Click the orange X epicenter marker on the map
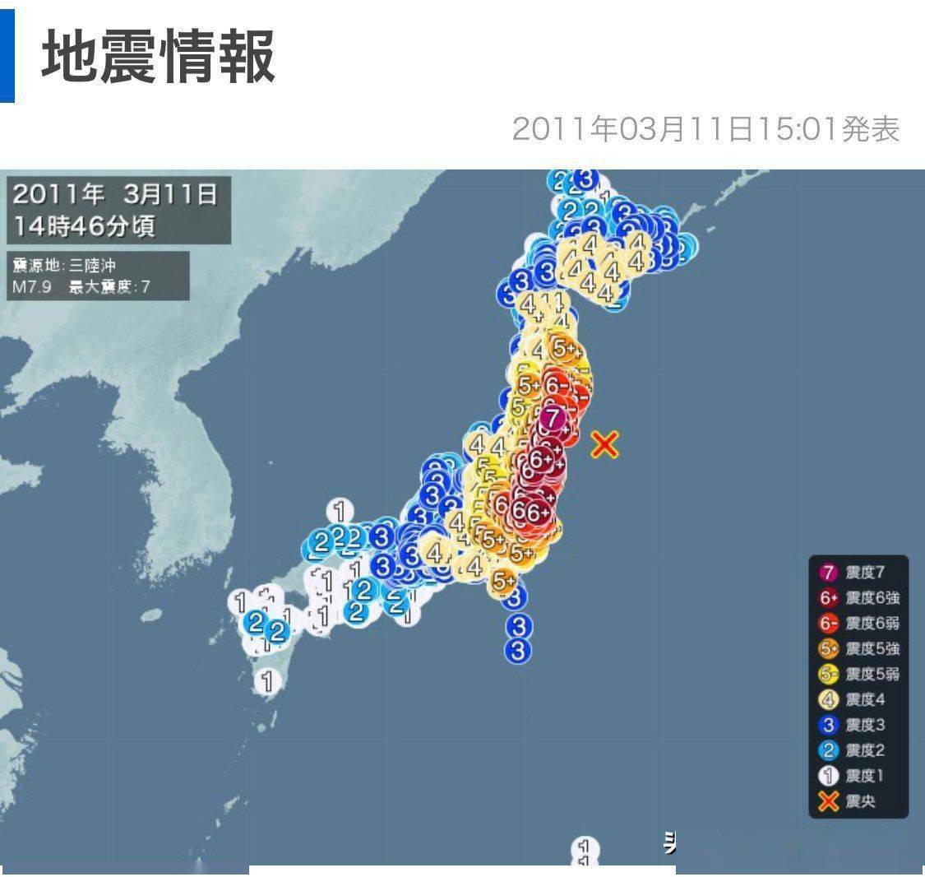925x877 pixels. (x=604, y=445)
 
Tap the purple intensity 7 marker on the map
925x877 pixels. (x=554, y=418)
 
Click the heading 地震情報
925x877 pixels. (x=159, y=57)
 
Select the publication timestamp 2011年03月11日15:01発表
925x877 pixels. (x=705, y=129)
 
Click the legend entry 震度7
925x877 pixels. (x=859, y=573)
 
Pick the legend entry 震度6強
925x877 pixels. (x=859, y=598)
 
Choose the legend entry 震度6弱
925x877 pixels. (x=859, y=624)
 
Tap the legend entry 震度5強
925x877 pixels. (x=859, y=648)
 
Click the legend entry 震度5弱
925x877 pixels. (x=859, y=674)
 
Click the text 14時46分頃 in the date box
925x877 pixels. (x=84, y=225)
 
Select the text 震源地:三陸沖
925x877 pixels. (x=70, y=266)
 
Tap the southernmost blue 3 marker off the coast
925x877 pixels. (x=518, y=651)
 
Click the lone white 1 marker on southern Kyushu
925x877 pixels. (x=266, y=681)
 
